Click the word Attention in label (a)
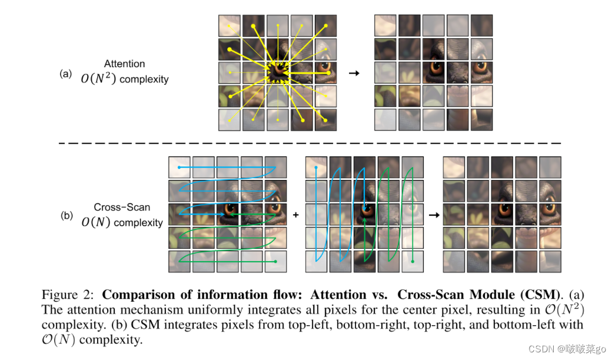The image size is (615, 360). tap(124, 64)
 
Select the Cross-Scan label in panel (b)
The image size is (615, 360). tap(122, 208)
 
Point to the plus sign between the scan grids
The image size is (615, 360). tap(295, 215)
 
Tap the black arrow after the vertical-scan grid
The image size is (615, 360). tap(434, 215)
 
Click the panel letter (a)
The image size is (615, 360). tap(66, 74)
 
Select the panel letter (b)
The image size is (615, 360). tap(67, 215)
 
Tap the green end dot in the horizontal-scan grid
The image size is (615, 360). tap(275, 262)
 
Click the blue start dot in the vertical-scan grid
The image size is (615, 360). tap(317, 168)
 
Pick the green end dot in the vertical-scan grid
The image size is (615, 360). tap(413, 261)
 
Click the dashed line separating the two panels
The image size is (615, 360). tap(306, 143)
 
